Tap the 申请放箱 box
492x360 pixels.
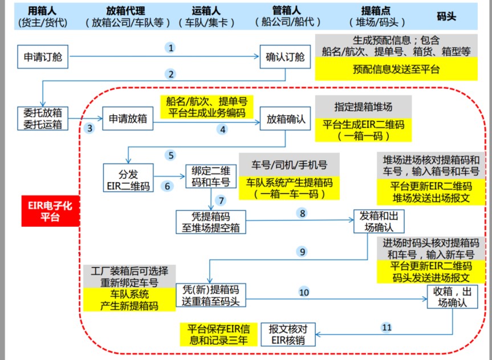coord(128,119)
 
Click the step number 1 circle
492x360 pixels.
coord(170,48)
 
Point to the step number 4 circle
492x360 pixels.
coord(223,129)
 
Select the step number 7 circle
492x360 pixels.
coord(222,200)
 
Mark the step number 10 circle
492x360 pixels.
coord(303,292)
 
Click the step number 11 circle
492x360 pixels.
coord(387,328)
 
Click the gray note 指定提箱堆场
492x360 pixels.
coord(363,107)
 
